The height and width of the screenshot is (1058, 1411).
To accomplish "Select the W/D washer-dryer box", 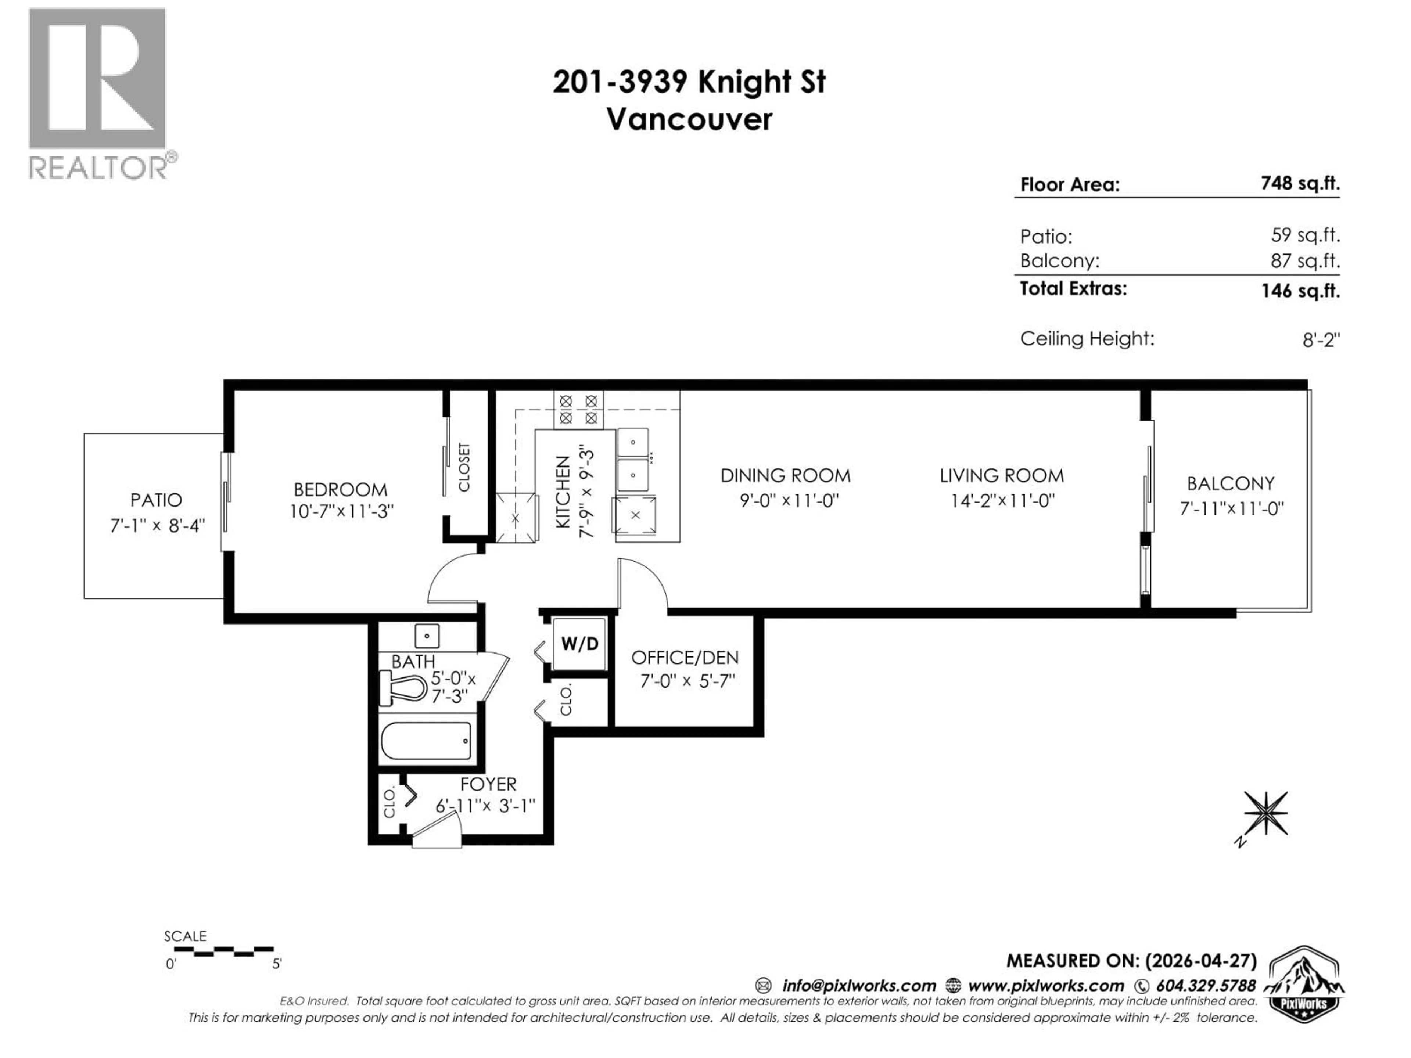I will (579, 644).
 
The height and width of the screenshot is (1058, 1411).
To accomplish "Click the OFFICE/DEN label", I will (685, 658).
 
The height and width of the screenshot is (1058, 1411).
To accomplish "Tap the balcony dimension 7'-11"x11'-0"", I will (1231, 509).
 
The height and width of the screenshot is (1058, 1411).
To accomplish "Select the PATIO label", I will (156, 500).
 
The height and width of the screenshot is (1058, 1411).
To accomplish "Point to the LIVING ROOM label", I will (1001, 476).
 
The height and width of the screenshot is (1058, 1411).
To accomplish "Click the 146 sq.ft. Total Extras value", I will (1300, 291).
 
